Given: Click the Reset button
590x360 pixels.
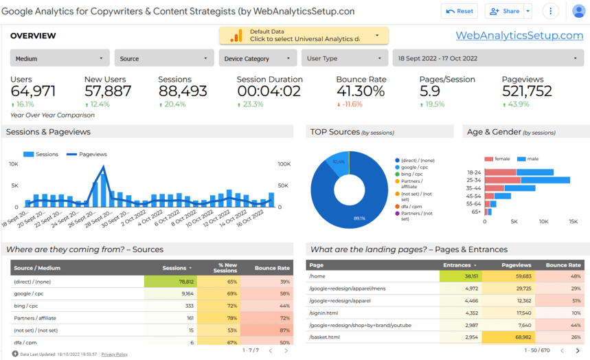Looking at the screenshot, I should point(459,11).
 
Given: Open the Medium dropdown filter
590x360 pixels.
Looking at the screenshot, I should point(60,58).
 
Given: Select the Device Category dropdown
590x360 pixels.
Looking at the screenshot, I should point(259,58).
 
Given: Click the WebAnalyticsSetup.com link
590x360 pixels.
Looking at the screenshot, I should point(519,35).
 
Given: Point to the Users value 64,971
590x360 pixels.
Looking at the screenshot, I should point(33,91).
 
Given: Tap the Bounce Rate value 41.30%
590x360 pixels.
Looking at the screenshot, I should point(360,91).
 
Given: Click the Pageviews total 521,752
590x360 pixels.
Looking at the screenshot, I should point(527,91).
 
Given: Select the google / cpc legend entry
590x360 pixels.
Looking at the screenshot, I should point(416,167).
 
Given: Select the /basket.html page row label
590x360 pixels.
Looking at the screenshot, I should point(326,337).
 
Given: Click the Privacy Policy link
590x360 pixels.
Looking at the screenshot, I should point(114,354).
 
